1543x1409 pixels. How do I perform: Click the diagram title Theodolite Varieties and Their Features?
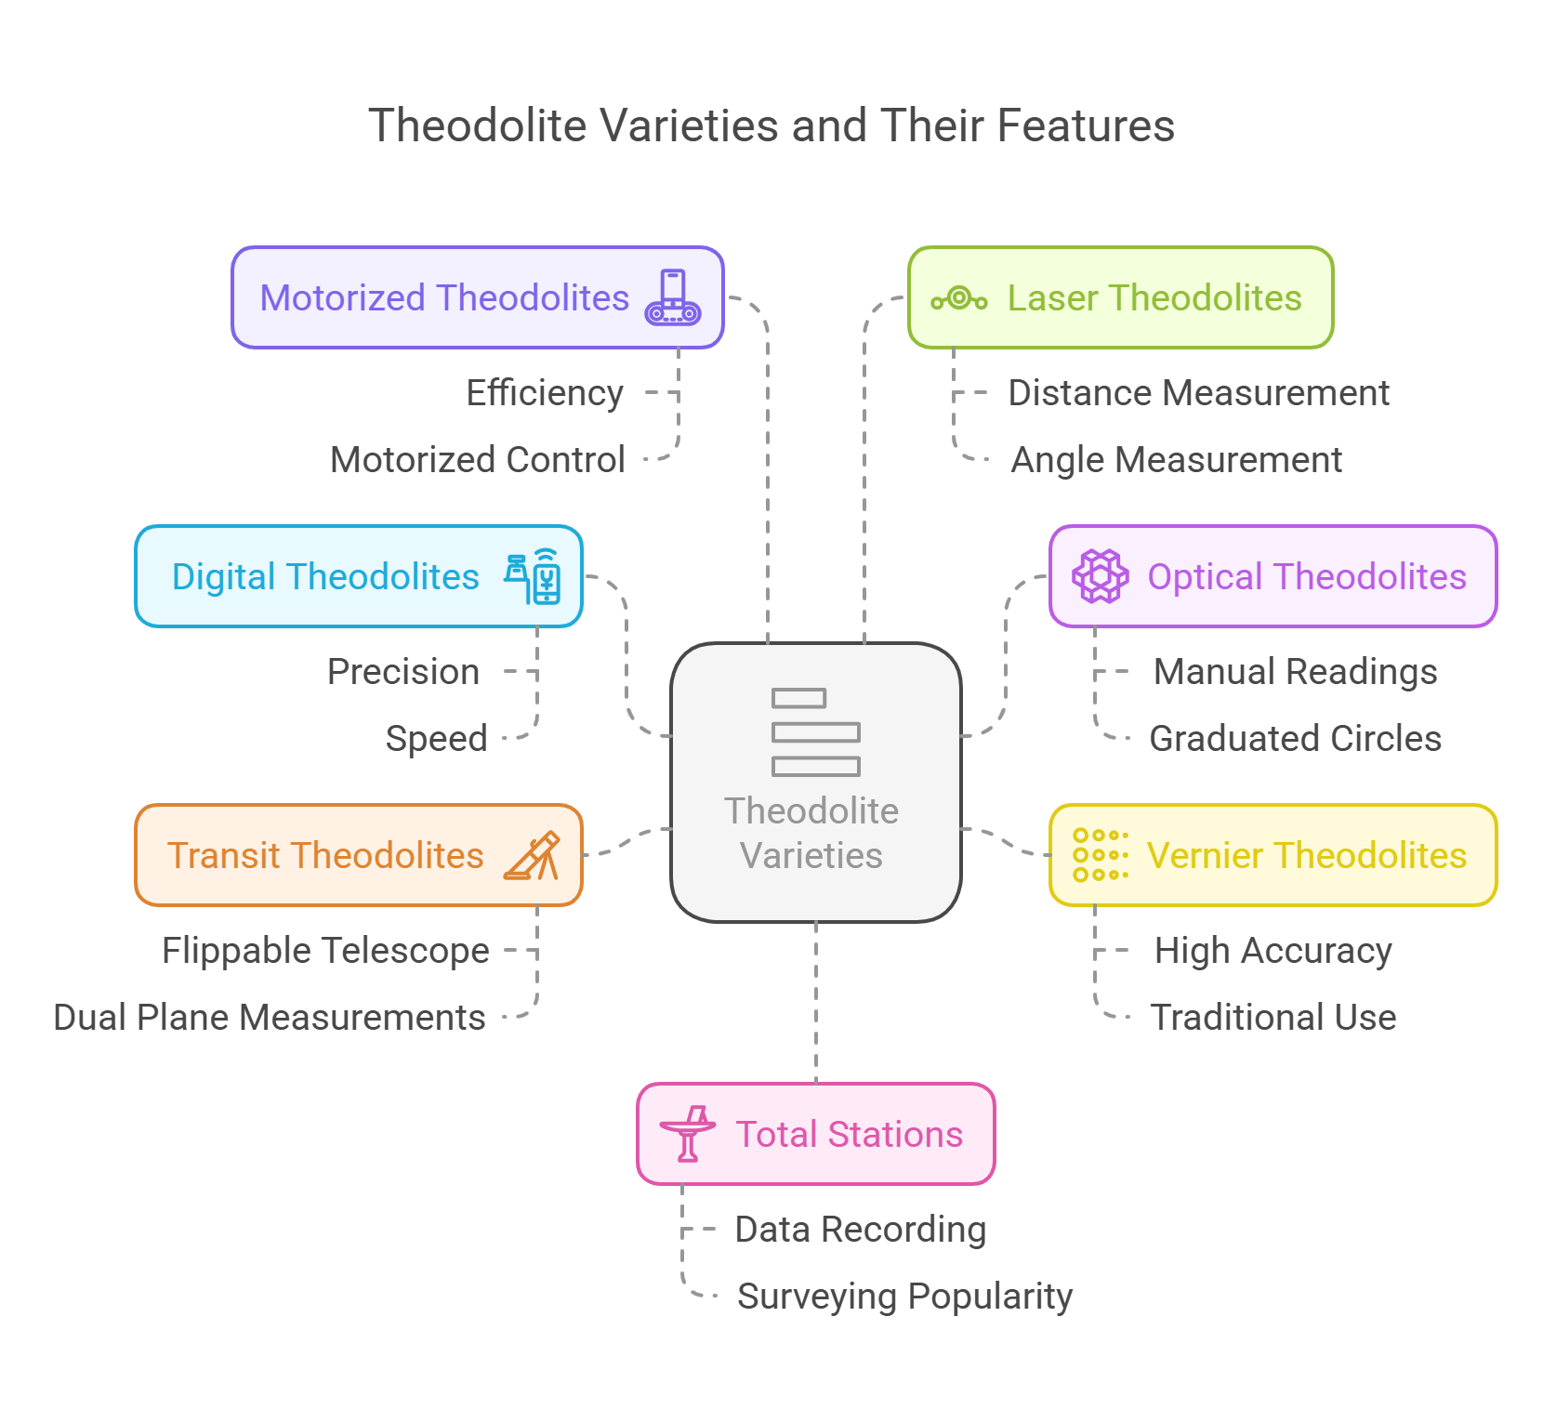(x=771, y=125)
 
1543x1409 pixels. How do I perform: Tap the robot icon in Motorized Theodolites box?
(x=673, y=297)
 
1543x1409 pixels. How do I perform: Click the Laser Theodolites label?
(x=1154, y=297)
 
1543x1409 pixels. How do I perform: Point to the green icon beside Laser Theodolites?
(x=959, y=298)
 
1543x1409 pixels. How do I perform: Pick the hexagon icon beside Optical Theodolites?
(x=1101, y=576)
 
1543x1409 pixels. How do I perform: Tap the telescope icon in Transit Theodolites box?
(x=533, y=855)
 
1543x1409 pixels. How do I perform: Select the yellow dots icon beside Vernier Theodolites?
(x=1101, y=855)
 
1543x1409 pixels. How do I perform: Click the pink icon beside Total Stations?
(x=688, y=1134)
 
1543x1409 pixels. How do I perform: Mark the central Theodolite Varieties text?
(x=811, y=833)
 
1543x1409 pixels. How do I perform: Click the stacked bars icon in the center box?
(x=815, y=732)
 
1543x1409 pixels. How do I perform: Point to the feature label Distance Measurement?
(x=1198, y=393)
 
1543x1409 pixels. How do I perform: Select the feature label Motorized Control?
(x=478, y=460)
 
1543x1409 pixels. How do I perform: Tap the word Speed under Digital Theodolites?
(x=437, y=739)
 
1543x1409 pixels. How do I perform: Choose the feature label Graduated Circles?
(x=1295, y=739)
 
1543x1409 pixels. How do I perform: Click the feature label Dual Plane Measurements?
(x=270, y=1018)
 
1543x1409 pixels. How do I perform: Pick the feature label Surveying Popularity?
(x=904, y=1297)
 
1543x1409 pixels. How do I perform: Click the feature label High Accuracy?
(x=1273, y=951)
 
